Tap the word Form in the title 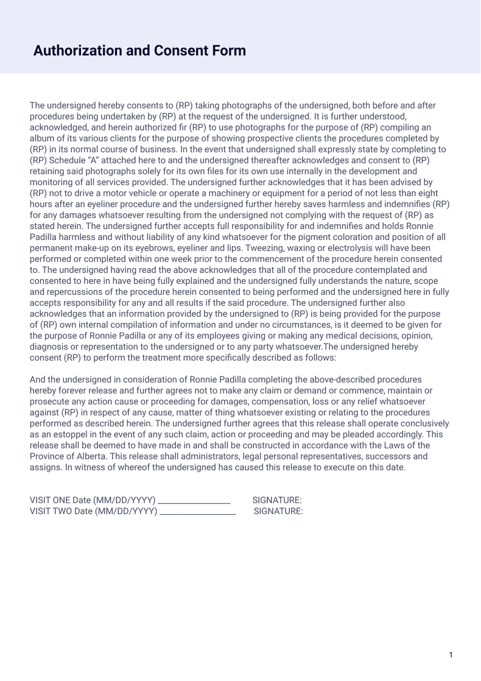tap(228, 51)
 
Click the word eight tap(426, 193)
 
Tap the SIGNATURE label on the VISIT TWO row tap(278, 511)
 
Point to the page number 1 tap(451, 655)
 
